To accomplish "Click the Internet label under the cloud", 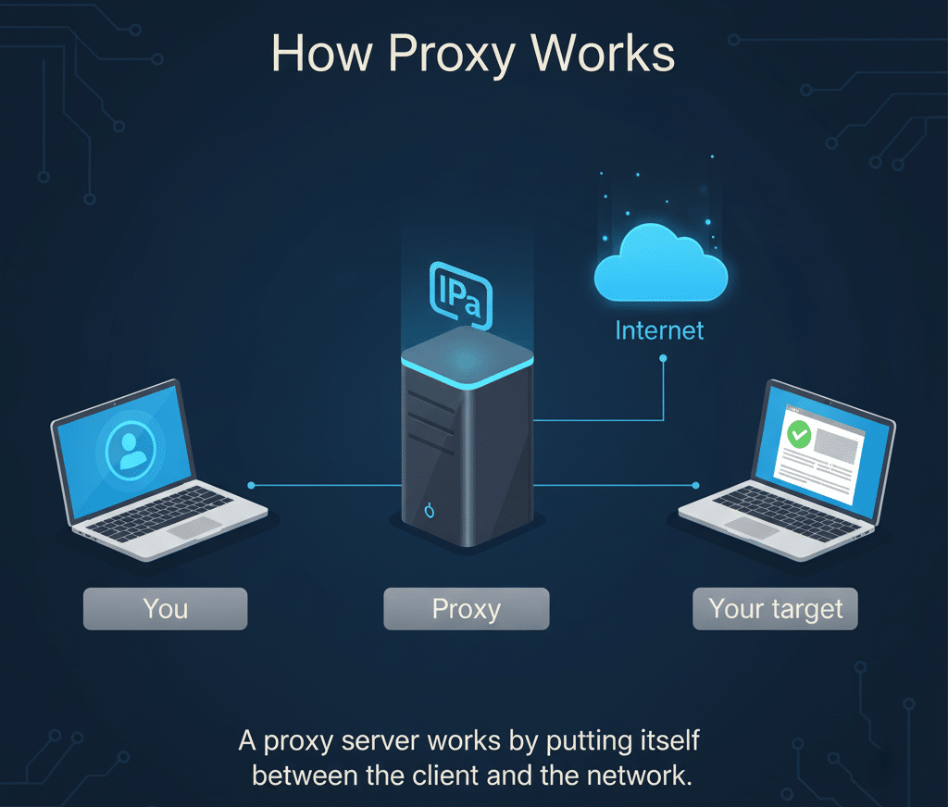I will (660, 330).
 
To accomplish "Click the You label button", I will (165, 609).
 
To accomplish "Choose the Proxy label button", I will (466, 610).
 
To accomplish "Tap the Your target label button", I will (775, 610).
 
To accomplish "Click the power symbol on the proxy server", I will (428, 510).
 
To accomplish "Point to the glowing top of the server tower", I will (468, 357).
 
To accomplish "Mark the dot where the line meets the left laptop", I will (251, 484).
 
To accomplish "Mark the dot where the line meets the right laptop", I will (696, 484).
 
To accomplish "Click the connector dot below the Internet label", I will (663, 361).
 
